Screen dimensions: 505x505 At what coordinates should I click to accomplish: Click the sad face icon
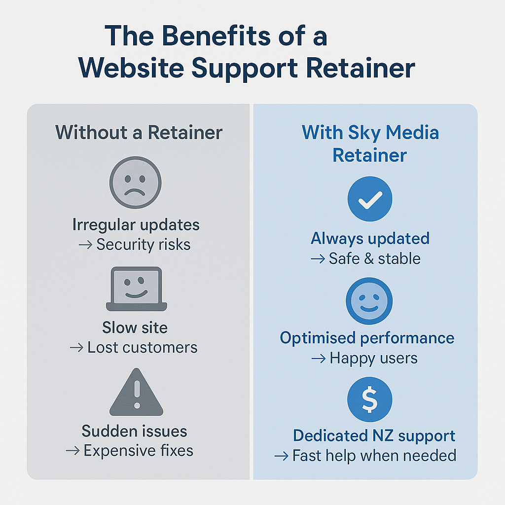135,182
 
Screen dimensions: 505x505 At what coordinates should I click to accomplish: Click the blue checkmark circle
370,199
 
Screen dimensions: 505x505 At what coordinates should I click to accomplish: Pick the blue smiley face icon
370,301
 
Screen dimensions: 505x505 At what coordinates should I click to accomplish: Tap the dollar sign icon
370,399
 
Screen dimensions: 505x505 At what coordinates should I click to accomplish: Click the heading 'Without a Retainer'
139,133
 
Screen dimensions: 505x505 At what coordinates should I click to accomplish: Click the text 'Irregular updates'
136,225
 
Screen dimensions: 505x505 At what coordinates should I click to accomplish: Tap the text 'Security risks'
143,245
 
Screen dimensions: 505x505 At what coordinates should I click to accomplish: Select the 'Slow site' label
135,327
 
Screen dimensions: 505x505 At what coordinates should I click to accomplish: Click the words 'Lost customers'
142,347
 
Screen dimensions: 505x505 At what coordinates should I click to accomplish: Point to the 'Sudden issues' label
135,431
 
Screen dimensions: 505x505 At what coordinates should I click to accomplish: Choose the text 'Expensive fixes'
138,450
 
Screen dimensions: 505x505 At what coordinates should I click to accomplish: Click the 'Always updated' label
370,239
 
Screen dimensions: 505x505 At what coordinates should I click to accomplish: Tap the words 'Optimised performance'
367,338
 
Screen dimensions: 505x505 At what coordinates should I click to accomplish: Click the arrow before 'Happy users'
319,359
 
